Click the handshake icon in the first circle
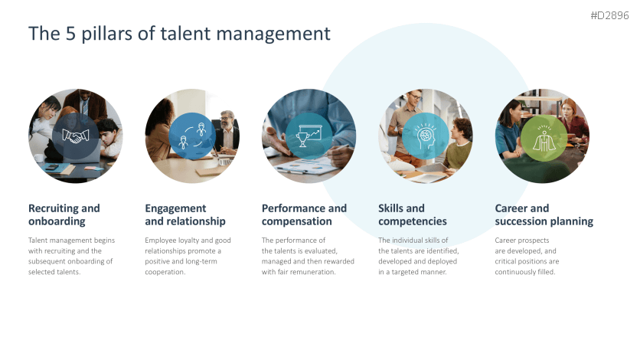pos(75,136)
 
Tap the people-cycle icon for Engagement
pos(192,136)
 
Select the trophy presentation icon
pos(309,136)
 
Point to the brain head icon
pos(426,136)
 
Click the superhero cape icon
pos(543,136)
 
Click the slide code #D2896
pos(610,15)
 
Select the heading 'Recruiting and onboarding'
pos(64,214)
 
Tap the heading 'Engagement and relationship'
pos(185,214)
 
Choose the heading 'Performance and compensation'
pos(304,214)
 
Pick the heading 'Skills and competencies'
pos(412,214)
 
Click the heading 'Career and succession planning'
pos(544,214)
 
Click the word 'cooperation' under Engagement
pos(165,272)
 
